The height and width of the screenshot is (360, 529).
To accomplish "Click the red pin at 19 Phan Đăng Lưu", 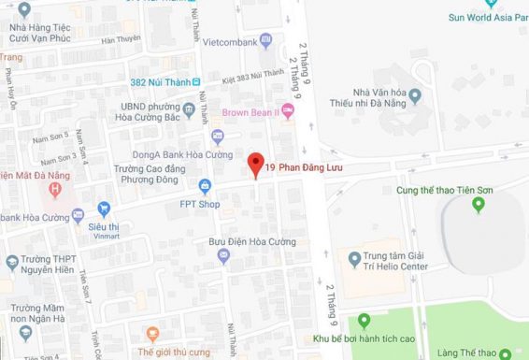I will (253, 165).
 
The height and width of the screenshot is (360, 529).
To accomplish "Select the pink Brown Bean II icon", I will (288, 112).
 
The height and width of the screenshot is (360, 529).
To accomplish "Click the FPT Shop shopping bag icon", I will (205, 185).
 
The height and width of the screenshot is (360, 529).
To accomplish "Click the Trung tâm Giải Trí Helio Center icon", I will (354, 258).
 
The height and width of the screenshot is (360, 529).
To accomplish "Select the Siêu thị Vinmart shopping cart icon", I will (105, 208).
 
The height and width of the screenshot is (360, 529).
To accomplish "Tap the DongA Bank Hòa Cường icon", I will (217, 137).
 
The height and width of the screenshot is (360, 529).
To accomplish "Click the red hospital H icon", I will (55, 191).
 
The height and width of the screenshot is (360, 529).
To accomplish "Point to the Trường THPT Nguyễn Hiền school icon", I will (11, 261).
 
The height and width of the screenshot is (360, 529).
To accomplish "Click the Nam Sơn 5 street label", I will (51, 137).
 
